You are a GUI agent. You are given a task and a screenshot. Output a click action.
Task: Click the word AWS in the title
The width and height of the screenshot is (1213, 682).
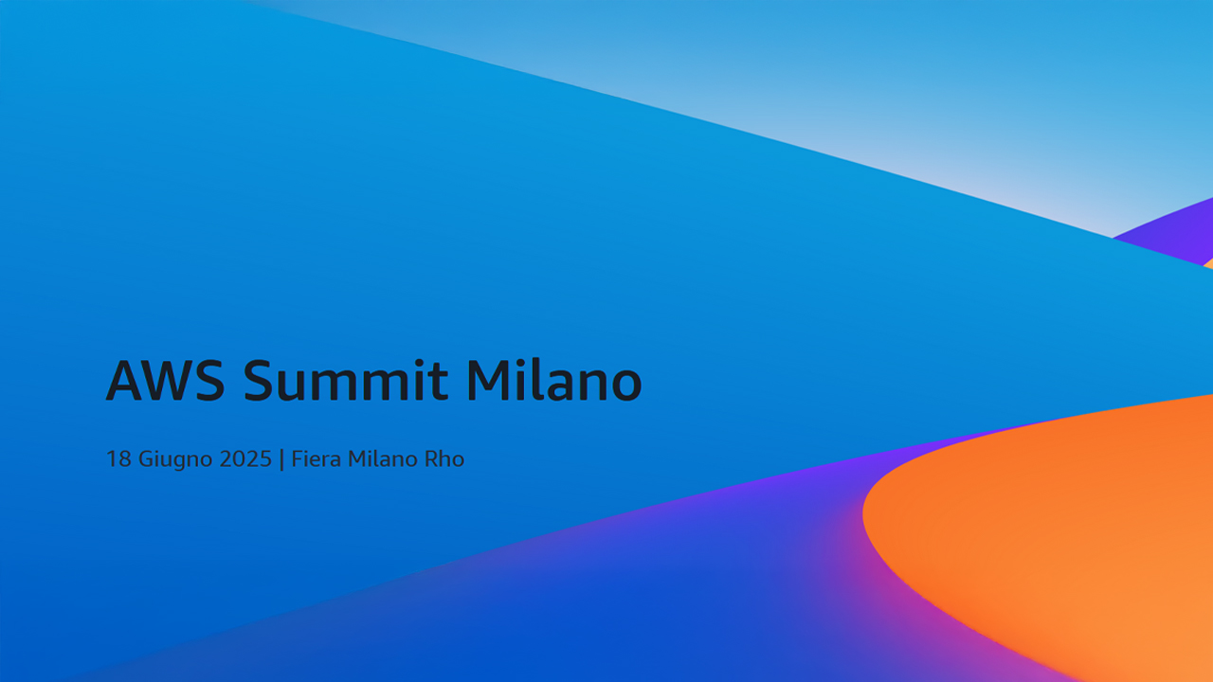click(165, 380)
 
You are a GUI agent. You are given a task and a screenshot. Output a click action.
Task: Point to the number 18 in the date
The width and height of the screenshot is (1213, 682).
click(118, 459)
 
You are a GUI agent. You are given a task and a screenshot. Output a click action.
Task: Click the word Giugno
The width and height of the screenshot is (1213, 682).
click(175, 460)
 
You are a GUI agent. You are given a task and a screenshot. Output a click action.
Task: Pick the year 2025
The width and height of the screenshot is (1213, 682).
click(245, 459)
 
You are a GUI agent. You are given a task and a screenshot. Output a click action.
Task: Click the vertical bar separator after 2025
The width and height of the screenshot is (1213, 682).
click(281, 459)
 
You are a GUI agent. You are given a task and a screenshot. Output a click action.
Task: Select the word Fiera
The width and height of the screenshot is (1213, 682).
click(317, 459)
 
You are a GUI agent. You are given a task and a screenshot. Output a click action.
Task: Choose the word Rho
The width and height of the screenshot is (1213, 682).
click(444, 459)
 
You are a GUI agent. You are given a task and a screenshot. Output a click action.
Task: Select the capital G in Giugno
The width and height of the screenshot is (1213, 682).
click(146, 459)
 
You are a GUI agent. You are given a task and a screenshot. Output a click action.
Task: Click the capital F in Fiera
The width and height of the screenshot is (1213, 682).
click(298, 459)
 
